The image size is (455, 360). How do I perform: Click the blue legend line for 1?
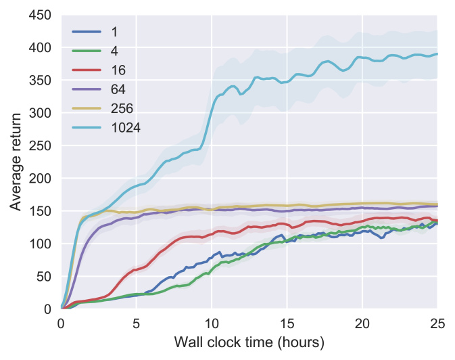[x=86, y=32]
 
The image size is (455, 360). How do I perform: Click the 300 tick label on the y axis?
[x=44, y=113]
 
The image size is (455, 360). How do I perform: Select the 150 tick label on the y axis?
[x=44, y=211]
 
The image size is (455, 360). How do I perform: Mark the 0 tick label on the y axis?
[x=49, y=309]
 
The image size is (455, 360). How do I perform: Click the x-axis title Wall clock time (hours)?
[x=249, y=343]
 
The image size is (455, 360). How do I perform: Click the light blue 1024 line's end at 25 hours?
[x=437, y=54]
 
